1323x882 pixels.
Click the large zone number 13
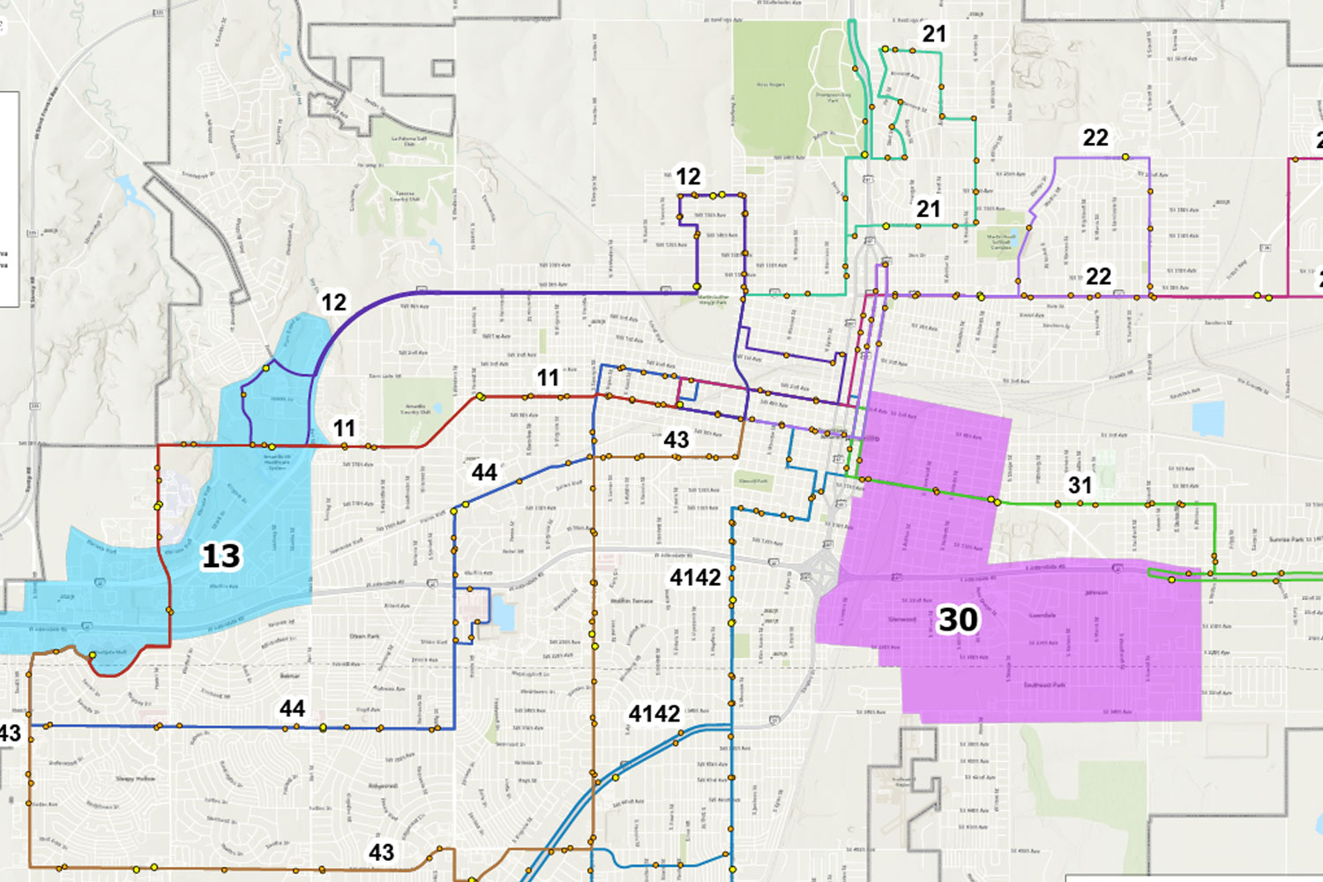tap(220, 557)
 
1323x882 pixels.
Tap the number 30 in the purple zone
tap(958, 619)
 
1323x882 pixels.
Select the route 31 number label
tap(1080, 485)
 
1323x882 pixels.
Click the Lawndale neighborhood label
tap(1042, 615)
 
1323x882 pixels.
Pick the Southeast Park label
tap(1044, 685)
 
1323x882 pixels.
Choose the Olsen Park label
tap(363, 636)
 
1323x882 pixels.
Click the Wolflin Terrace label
tap(632, 602)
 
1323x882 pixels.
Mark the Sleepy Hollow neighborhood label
tap(135, 779)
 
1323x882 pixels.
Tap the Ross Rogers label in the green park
tap(771, 85)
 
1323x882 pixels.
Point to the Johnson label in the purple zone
tap(1095, 593)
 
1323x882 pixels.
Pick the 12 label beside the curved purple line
tap(333, 303)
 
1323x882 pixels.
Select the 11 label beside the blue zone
tap(344, 429)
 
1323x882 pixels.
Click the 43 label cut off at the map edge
tap(10, 733)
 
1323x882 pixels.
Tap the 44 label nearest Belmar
tap(292, 708)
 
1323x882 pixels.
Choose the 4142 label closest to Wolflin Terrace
tap(695, 578)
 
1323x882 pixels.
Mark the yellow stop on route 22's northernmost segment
tap(1125, 157)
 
